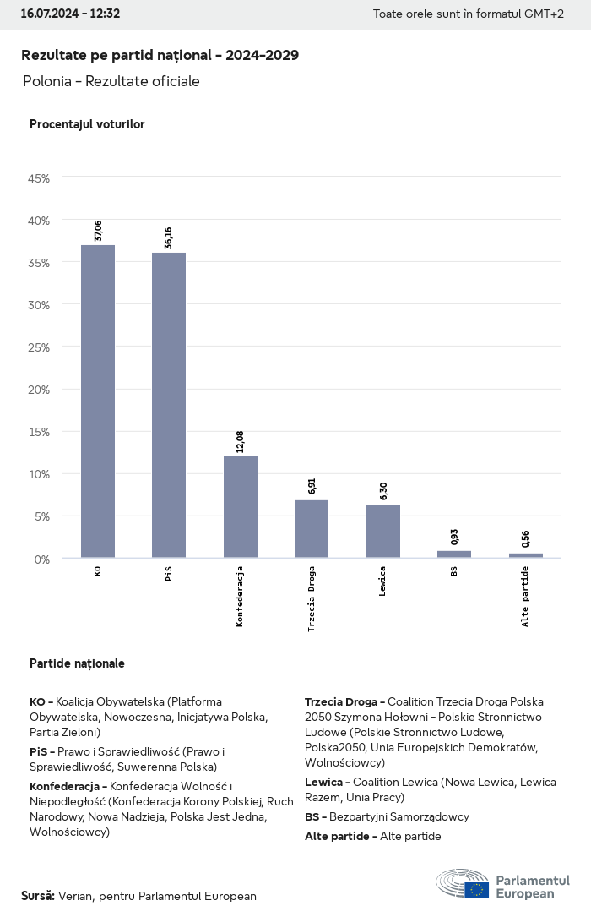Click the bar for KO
(98, 401)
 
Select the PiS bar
(169, 406)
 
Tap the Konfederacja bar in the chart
(241, 507)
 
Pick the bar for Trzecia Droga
(312, 529)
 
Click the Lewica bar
(383, 532)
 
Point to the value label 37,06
(98, 231)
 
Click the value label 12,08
(241, 442)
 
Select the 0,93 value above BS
(454, 537)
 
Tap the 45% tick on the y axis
(39, 178)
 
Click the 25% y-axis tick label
(39, 347)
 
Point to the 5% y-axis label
(42, 516)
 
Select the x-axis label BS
(454, 571)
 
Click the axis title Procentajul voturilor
(87, 124)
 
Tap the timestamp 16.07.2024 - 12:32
(70, 14)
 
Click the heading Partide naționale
(77, 663)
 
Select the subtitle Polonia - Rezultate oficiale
(111, 81)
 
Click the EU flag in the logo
(476, 889)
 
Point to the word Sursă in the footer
(37, 896)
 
